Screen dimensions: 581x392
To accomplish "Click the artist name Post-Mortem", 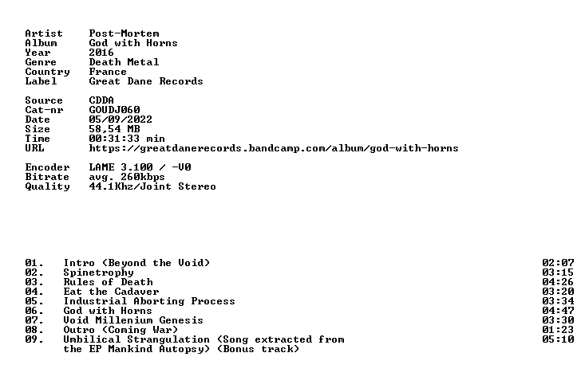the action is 125,33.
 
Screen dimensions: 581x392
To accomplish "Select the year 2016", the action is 101,53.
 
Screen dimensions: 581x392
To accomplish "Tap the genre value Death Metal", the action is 125,62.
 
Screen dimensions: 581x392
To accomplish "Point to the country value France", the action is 108,72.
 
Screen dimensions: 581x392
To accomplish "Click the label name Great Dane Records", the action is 146,81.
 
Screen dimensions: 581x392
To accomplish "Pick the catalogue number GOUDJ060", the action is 114,110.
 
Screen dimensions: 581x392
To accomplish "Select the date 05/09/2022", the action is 121,120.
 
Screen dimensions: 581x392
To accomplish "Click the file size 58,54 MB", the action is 114,129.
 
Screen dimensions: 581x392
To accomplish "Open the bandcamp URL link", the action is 274,148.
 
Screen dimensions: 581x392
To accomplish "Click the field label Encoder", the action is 47,167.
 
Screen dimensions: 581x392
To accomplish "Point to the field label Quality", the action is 47,186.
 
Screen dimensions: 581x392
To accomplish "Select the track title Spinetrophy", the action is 99,273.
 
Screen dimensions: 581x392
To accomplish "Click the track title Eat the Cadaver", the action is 111,292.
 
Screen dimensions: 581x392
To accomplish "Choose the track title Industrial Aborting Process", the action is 149,301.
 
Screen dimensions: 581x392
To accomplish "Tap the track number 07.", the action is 34,320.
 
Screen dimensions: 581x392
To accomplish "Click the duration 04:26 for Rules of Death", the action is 558,282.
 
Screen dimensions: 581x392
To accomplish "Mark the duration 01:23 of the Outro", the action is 558,330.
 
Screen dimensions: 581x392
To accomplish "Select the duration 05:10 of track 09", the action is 558,339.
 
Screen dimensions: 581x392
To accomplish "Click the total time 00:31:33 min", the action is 127,139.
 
